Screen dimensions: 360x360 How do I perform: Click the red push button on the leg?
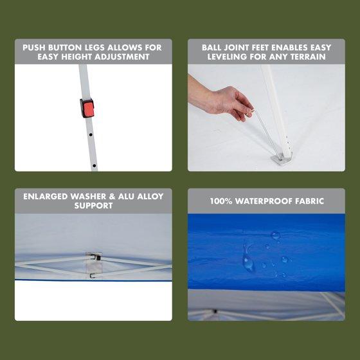click(x=87, y=108)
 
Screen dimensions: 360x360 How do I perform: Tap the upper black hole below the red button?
click(x=91, y=134)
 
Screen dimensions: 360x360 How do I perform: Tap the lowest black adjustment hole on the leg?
click(x=94, y=165)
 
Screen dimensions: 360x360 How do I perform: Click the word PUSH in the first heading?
click(x=33, y=48)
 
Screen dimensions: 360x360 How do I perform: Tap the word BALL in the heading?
click(x=212, y=48)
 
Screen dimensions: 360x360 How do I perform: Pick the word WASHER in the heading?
click(x=88, y=197)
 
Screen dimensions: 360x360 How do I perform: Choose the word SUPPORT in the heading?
click(x=93, y=206)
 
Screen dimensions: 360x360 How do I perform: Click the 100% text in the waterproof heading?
click(x=221, y=201)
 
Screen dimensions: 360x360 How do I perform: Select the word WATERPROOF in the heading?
click(x=264, y=201)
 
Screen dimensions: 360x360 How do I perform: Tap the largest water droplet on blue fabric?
click(x=248, y=263)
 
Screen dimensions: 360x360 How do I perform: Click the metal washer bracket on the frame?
click(x=93, y=264)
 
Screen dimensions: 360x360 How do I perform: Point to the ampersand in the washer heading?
click(x=112, y=197)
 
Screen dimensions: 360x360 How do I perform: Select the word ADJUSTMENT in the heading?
click(x=122, y=57)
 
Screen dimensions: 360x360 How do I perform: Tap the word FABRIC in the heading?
click(x=309, y=201)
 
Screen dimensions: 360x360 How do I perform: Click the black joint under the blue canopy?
click(x=215, y=311)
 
